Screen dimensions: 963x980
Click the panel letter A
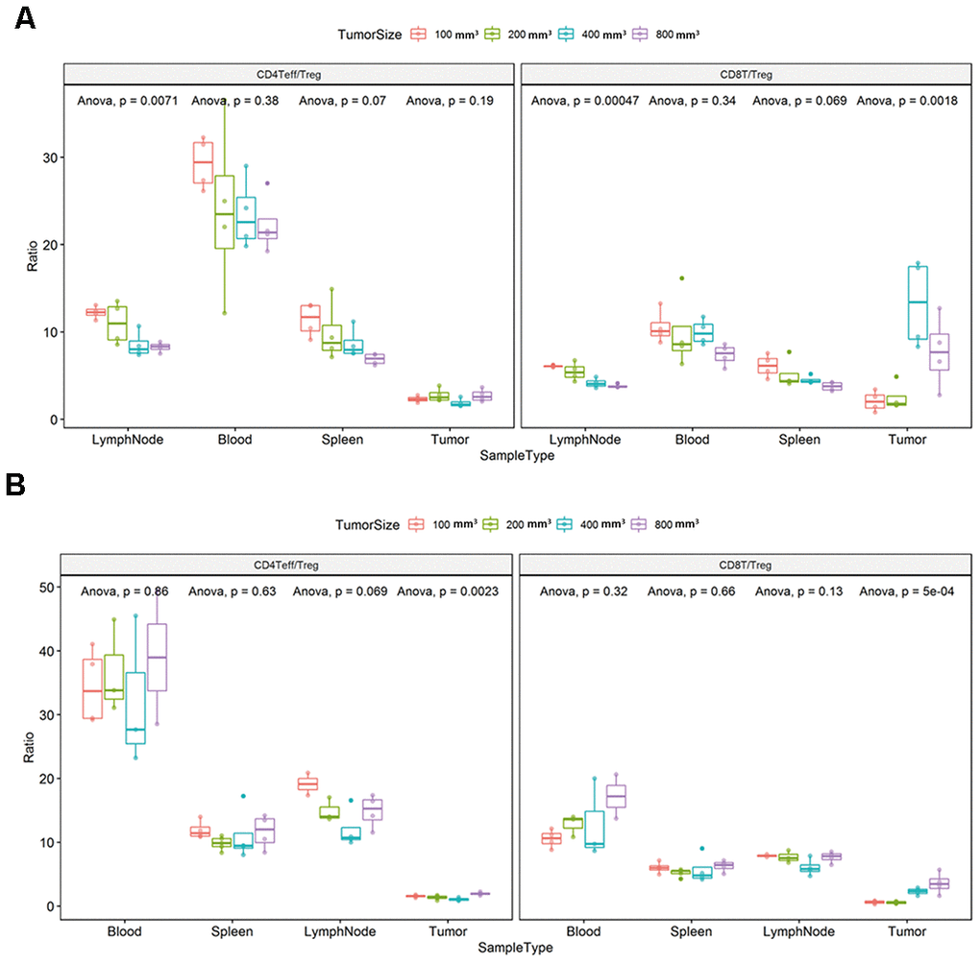(24, 18)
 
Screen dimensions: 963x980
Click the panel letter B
(16, 486)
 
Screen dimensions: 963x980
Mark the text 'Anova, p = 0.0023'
(450, 591)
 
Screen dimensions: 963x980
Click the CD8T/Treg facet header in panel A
(746, 73)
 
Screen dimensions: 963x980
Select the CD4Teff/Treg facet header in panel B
(287, 566)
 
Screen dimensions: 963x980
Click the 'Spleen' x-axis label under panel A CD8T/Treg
(799, 441)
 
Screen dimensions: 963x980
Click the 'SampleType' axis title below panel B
(518, 948)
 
